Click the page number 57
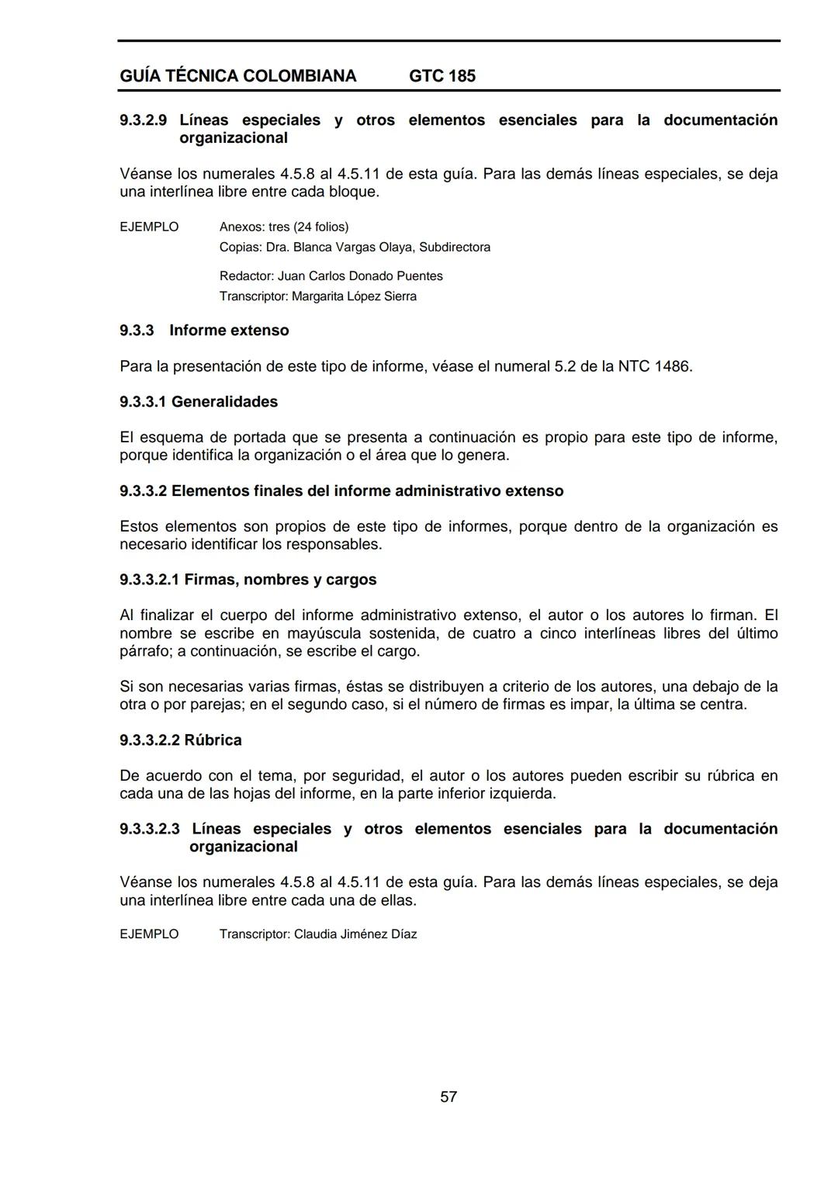(x=448, y=1097)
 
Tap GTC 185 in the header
(x=442, y=76)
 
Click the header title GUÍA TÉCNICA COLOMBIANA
(x=238, y=76)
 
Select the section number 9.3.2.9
(x=144, y=120)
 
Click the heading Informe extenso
(x=229, y=331)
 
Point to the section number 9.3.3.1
(x=144, y=402)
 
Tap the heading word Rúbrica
(x=213, y=740)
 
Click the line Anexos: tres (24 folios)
(x=284, y=227)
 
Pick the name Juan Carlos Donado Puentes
(x=360, y=276)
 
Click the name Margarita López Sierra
(x=354, y=296)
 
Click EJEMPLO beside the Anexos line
(x=149, y=227)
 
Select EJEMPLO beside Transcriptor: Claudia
(x=149, y=934)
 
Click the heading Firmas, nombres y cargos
(x=280, y=580)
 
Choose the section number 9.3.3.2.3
(x=150, y=829)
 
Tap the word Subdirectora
(x=455, y=247)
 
